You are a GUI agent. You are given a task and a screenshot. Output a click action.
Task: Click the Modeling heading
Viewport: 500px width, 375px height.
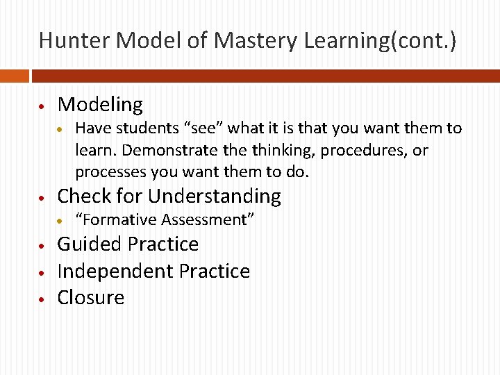[x=100, y=105]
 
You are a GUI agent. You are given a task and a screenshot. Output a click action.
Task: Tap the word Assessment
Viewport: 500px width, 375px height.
[x=207, y=220]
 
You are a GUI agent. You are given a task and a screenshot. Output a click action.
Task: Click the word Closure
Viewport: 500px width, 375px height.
[x=91, y=297]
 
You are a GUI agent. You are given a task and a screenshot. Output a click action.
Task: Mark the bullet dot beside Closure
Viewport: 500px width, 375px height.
[x=42, y=299]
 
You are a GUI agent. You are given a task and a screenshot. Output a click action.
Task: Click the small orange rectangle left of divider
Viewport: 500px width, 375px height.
[x=14, y=75]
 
